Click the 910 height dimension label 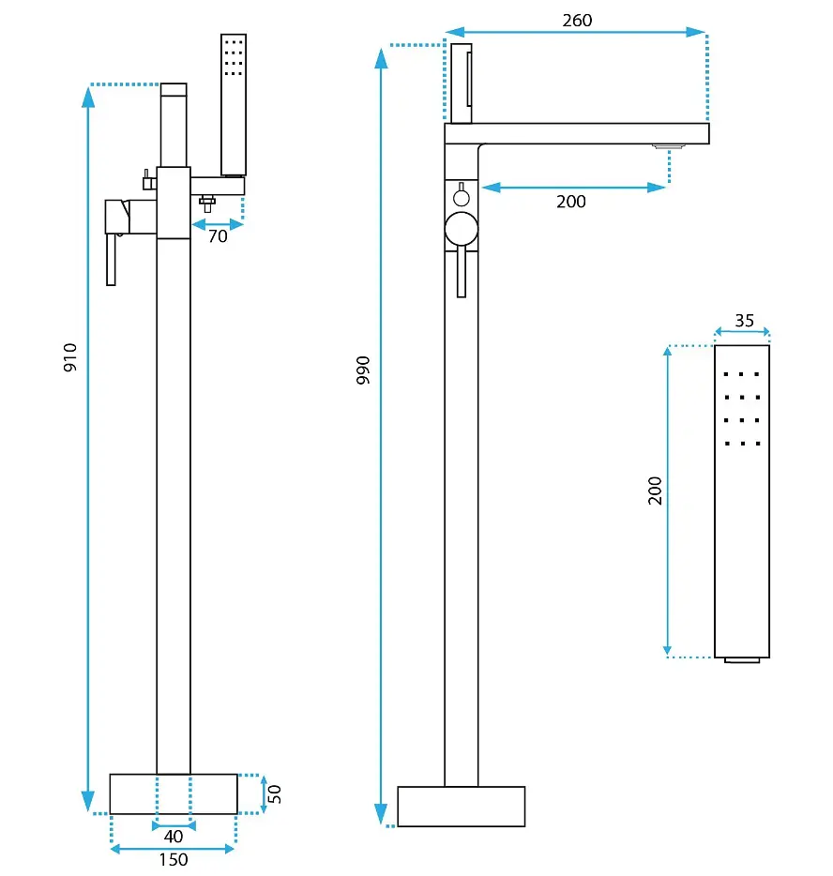(x=70, y=357)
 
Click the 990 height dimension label (x=363, y=370)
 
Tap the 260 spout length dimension (x=577, y=21)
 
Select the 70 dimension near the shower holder (x=218, y=236)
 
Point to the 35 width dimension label (x=744, y=321)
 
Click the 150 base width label (x=174, y=860)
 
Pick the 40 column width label (x=174, y=837)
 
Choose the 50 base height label (x=274, y=793)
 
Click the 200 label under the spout (x=571, y=202)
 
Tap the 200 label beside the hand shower (x=655, y=491)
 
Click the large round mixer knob (x=462, y=229)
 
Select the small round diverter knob (x=462, y=198)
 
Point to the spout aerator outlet (x=669, y=147)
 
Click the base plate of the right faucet (x=462, y=807)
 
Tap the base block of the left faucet (x=174, y=793)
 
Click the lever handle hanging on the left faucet (x=112, y=260)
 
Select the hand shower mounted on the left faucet (x=234, y=105)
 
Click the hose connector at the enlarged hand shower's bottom (x=742, y=660)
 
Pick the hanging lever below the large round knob (x=462, y=271)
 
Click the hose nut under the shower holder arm (x=207, y=204)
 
